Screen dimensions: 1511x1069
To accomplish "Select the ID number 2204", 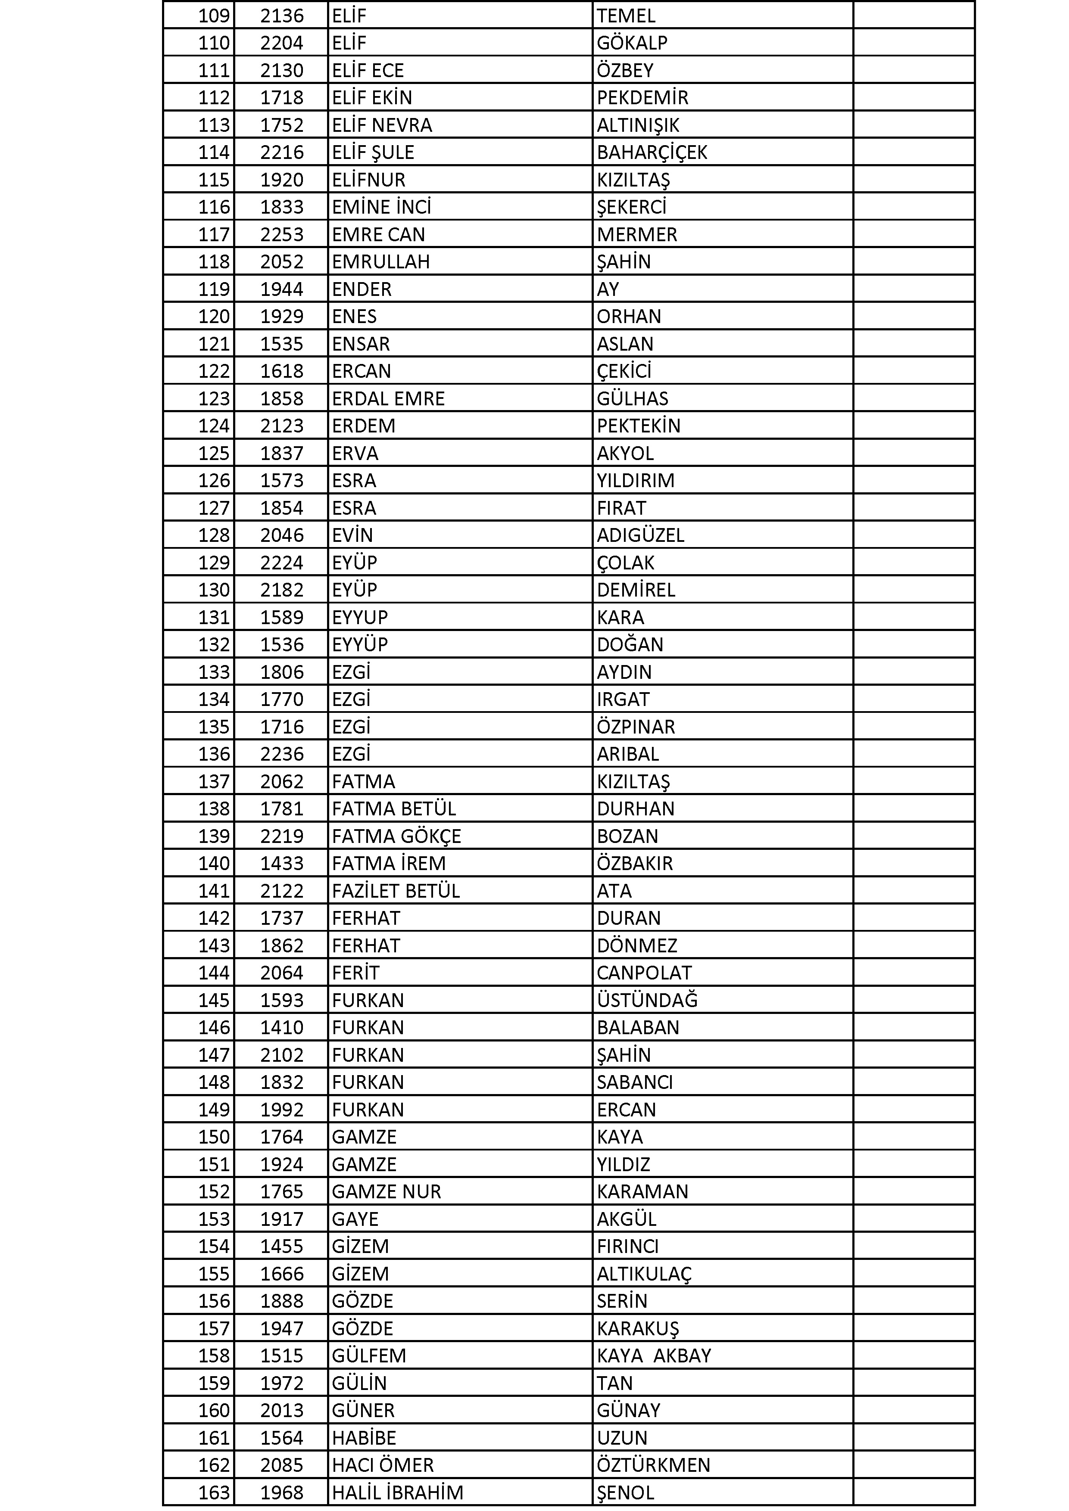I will click(x=282, y=43).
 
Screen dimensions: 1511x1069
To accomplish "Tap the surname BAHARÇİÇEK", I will click(x=651, y=152).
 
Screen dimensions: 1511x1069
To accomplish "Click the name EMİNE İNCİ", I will click(x=381, y=207).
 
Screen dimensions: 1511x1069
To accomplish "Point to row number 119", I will click(x=214, y=289).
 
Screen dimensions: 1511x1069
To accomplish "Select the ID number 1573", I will click(x=282, y=480).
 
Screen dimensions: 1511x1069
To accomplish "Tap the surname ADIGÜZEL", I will click(x=640, y=535).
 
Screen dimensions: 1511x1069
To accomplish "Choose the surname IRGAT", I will click(x=623, y=699).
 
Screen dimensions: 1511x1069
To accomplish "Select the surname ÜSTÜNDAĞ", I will click(x=647, y=1000).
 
